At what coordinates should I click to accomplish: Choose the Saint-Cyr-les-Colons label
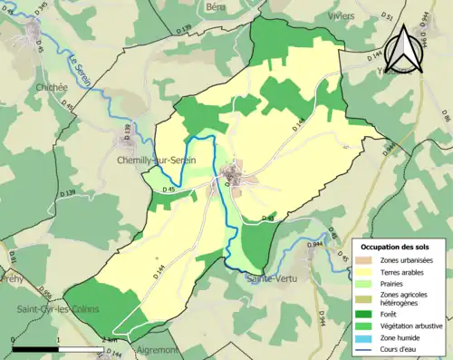coord(51,311)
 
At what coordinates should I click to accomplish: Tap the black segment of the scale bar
coord(34,348)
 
